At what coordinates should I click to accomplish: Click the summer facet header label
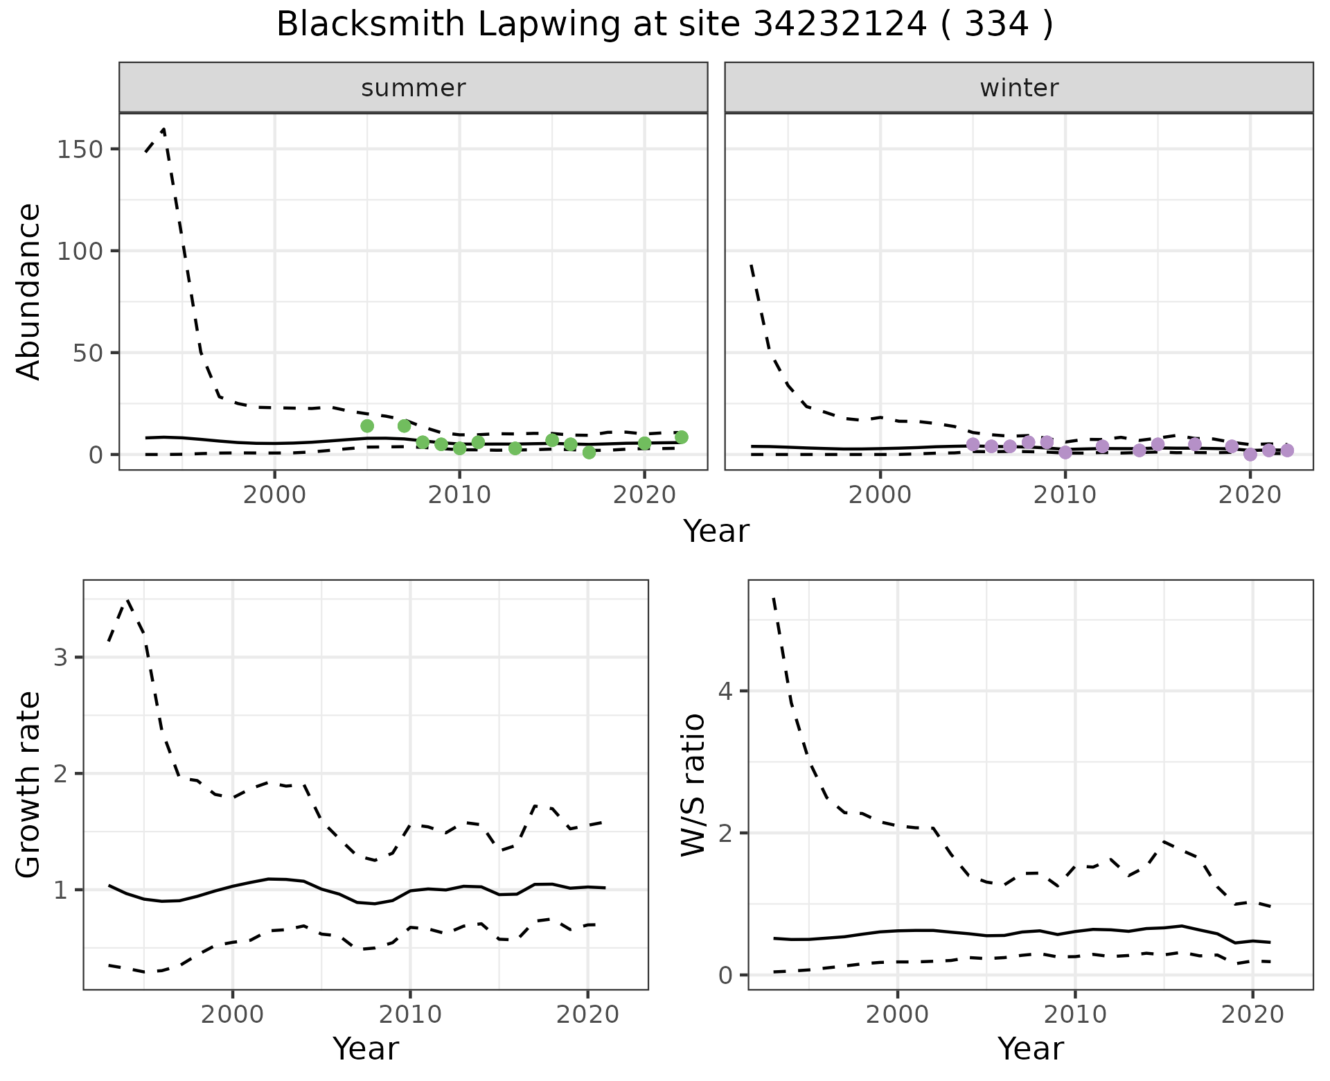413,88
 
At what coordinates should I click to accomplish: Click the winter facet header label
1018,88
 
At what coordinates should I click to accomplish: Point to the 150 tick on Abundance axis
80,150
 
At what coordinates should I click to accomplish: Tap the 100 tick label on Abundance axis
80,251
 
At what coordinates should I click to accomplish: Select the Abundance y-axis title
29,291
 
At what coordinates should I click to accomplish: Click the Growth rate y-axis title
29,784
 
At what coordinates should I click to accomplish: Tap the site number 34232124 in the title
839,25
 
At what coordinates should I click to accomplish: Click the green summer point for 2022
681,437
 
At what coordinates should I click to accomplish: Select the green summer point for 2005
367,425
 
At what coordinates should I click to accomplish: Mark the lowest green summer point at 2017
589,452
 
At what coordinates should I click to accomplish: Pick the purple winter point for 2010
1065,452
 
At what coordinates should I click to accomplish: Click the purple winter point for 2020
1250,455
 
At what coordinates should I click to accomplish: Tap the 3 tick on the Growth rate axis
61,657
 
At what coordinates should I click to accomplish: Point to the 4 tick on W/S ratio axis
725,691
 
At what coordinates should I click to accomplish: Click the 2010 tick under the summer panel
459,495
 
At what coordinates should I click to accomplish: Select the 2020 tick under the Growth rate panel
587,1015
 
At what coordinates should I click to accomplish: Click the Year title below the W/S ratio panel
1030,1048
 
